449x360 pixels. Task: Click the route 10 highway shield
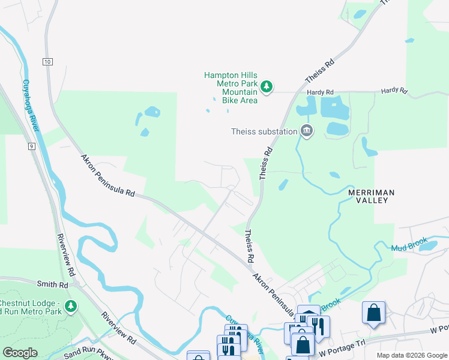pos(47,61)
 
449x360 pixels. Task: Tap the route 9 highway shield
pos(31,146)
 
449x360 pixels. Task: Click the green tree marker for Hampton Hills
pos(267,88)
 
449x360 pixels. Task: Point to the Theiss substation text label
pos(265,131)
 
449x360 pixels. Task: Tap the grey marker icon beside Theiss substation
pos(307,131)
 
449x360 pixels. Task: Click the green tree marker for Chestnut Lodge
pos(71,307)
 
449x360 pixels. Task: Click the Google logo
pos(20,353)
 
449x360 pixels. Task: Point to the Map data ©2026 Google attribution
pos(412,355)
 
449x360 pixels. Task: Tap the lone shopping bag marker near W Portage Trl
pos(373,312)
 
